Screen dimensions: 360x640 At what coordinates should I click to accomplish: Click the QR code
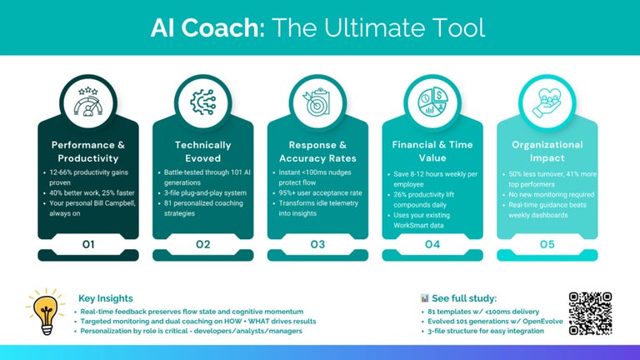(x=590, y=312)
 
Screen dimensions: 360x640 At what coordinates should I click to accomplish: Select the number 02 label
(x=202, y=244)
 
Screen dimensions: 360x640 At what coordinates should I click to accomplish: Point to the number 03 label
(x=317, y=244)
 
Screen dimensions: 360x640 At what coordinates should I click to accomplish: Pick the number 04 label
(x=432, y=244)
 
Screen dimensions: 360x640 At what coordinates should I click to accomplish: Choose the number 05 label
(x=547, y=244)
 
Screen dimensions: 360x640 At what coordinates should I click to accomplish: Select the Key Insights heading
(x=106, y=297)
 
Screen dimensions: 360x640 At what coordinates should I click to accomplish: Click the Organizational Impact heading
(x=547, y=151)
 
